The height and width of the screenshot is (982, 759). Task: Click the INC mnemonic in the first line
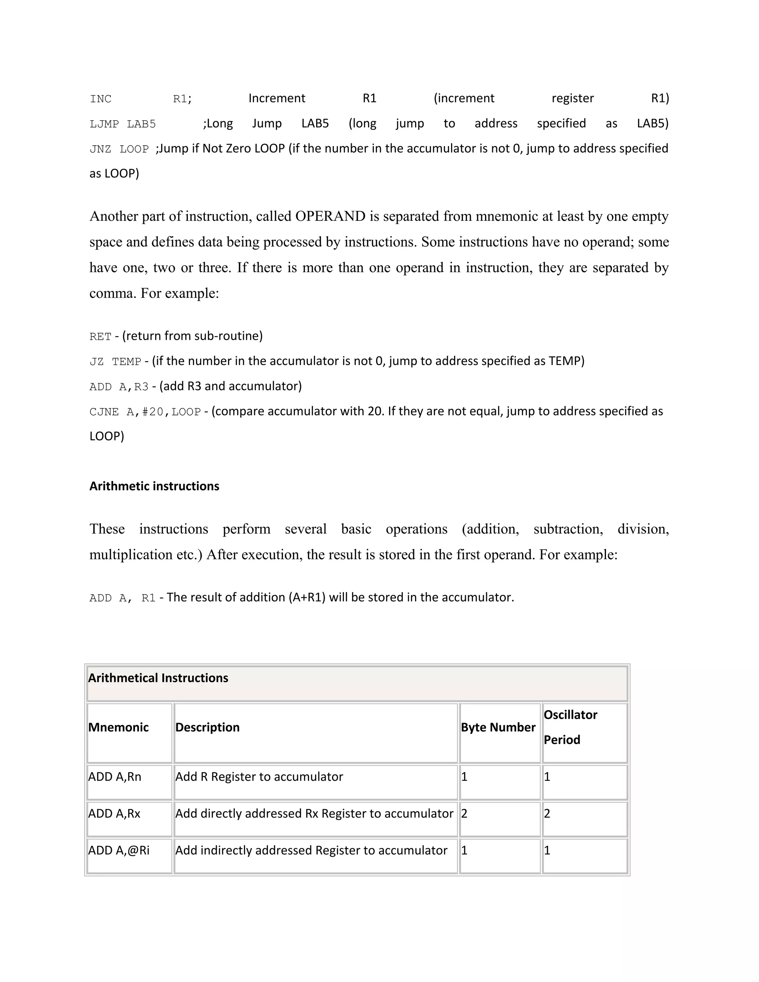coord(100,99)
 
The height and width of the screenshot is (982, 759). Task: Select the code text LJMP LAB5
coord(122,124)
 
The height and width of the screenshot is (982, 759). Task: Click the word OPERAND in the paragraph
coord(330,216)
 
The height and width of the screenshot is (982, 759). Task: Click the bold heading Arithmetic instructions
coord(154,486)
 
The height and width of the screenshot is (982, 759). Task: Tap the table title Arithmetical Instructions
coord(158,678)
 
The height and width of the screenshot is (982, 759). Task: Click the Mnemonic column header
coord(118,727)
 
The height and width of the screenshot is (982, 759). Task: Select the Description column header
coord(207,727)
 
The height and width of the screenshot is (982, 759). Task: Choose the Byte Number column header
coord(498,727)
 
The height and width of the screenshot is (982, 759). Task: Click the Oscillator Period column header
coord(570,727)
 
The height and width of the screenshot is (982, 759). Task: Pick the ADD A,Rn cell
coord(115,777)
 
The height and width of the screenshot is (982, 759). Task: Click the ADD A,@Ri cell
coord(119,851)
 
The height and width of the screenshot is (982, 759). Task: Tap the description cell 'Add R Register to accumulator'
coord(259,777)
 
